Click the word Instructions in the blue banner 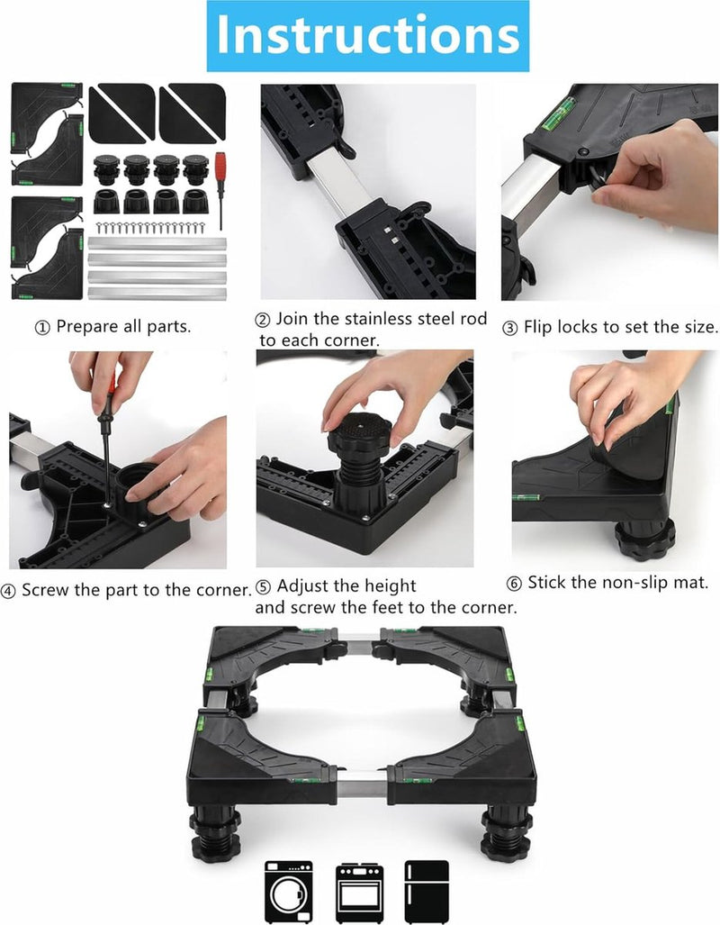367,35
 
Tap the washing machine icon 288,892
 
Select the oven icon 360,893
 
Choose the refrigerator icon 427,892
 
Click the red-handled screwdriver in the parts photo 220,190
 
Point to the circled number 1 42,328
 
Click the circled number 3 510,328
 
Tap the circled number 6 514,584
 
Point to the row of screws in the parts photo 150,227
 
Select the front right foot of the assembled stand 506,833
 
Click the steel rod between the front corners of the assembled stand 362,787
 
